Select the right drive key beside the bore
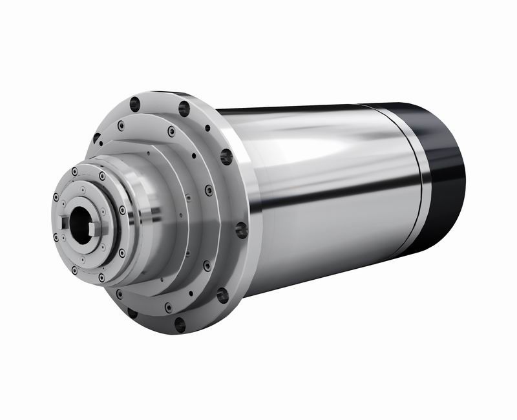click(x=97, y=227)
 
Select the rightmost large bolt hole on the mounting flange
click(x=241, y=229)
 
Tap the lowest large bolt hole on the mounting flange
click(x=179, y=324)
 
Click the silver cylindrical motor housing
click(x=323, y=194)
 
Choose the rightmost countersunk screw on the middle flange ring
click(x=209, y=191)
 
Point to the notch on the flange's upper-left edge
click(x=96, y=138)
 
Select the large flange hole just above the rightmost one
click(x=226, y=156)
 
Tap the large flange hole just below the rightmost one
click(x=222, y=295)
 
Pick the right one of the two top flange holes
click(x=184, y=108)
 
